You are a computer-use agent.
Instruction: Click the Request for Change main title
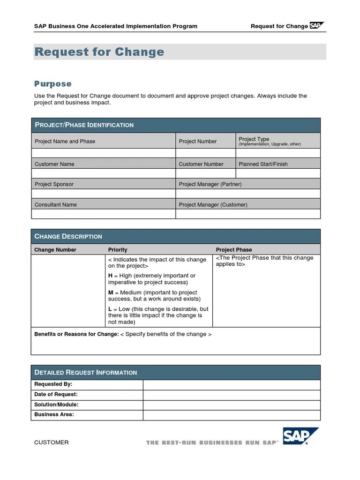coord(99,52)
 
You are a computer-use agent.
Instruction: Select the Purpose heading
coord(53,84)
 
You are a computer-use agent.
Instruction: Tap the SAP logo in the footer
coord(300,436)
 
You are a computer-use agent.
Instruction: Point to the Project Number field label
coord(197,141)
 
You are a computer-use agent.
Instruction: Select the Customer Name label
coord(54,164)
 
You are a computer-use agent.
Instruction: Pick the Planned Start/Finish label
coord(263,164)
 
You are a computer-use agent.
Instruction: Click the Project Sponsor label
coord(54,184)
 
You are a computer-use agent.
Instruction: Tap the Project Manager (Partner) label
coord(210,184)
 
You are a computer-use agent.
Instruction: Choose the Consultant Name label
coord(56,204)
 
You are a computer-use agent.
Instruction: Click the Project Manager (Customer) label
coord(213,204)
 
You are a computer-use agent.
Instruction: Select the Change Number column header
coord(55,250)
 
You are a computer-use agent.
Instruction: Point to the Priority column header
coord(118,250)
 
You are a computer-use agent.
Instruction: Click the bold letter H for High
coord(110,276)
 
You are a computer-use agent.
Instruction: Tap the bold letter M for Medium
coord(111,292)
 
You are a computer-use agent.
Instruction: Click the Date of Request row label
coord(56,395)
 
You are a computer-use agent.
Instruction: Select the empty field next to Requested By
coord(232,384)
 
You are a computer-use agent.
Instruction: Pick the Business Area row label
coord(54,415)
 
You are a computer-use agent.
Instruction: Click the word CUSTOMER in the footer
coord(52,442)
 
